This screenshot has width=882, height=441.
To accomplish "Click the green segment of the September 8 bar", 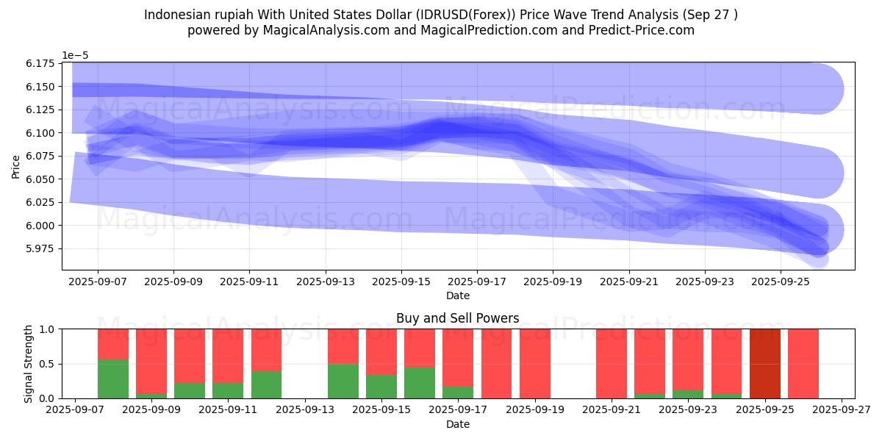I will tap(113, 379).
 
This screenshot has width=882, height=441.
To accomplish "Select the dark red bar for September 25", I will tap(765, 363).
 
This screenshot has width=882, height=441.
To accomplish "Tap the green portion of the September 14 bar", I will tap(343, 381).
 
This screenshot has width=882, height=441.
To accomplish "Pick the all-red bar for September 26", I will tap(803, 363).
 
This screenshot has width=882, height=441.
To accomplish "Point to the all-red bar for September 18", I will tap(497, 363).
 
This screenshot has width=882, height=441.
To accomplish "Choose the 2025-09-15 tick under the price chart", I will tap(401, 281).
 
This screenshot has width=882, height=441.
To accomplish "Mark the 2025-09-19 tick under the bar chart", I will tap(535, 409).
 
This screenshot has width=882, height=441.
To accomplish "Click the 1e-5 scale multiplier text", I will tap(75, 55).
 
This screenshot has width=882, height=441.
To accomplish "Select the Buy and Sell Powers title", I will tap(457, 318).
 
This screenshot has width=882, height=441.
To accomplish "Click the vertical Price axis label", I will tap(15, 166).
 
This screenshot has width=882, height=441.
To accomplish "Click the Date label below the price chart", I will tap(457, 295).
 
